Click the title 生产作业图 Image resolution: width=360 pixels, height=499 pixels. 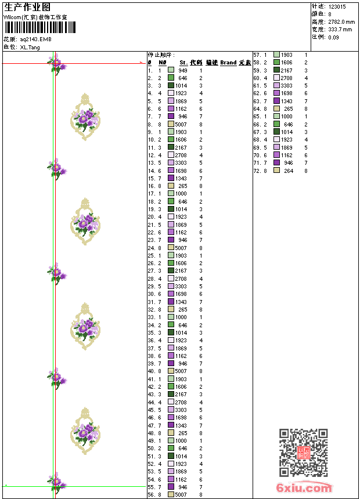tap(27, 7)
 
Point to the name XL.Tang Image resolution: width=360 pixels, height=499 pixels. tap(30, 47)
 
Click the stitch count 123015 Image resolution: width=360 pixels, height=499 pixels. tap(337, 6)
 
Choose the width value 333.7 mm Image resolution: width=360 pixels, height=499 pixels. tap(340, 29)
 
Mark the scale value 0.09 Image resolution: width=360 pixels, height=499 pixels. tap(333, 37)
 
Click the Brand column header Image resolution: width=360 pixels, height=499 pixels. tap(228, 63)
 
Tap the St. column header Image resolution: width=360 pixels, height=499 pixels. tap(183, 63)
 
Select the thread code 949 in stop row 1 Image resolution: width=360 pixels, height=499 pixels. tap(182, 70)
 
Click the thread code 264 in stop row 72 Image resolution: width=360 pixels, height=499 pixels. tap(289, 171)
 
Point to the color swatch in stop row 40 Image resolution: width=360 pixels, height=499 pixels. tap(171, 371)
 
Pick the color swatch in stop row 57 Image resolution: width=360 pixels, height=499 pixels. tap(277, 55)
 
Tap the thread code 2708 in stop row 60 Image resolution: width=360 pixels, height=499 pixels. tap(287, 78)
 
